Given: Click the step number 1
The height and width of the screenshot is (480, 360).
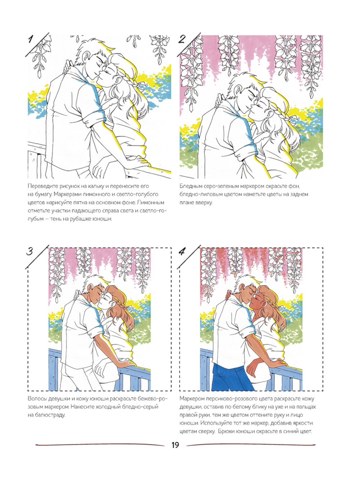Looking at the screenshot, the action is tap(31, 40).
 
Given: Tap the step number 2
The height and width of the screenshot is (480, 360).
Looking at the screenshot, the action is tap(182, 39).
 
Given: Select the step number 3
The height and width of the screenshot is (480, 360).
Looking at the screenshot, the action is tap(30, 251).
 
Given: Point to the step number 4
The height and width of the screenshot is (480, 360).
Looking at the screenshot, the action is tap(182, 252).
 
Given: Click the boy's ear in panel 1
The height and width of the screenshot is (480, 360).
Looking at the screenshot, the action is tap(86, 55).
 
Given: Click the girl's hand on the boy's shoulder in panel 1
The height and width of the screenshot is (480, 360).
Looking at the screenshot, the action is tap(68, 67).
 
